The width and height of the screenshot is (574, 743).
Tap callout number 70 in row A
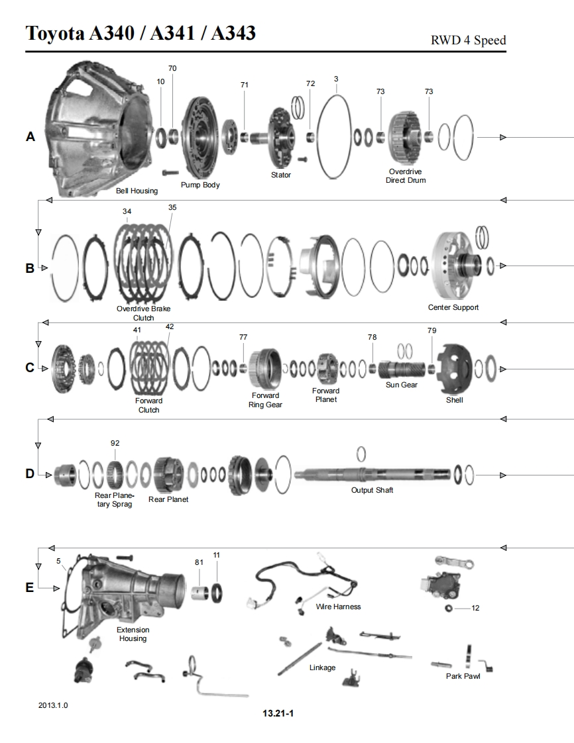coord(172,68)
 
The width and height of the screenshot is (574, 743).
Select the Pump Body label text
coord(200,185)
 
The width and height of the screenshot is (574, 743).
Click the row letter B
coord(30,269)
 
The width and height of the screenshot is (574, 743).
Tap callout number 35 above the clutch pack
coord(172,207)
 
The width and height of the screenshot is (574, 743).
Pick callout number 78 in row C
coord(372,337)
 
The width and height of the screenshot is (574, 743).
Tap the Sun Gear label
coord(402,385)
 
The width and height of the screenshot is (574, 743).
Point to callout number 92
coord(115,443)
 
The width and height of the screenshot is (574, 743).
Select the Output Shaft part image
coord(371,474)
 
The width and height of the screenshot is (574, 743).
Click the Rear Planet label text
coord(168,499)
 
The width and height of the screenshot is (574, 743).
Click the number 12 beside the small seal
coord(475,608)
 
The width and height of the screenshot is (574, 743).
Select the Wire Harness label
coord(338,607)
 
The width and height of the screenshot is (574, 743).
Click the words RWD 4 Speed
coord(468,40)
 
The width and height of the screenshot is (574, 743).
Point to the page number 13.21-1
coord(277,713)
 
